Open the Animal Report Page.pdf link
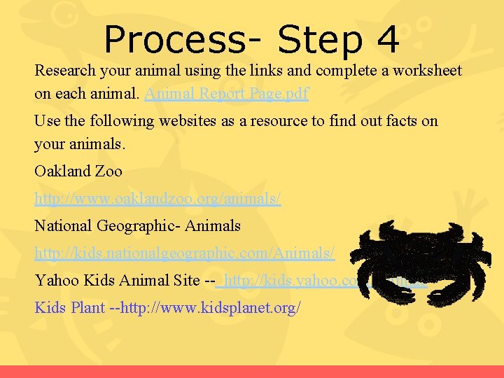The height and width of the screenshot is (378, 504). tap(226, 93)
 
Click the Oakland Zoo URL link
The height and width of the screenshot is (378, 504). tap(157, 199)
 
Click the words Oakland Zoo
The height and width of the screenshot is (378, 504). tap(78, 171)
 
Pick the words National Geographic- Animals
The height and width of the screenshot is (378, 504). tap(137, 225)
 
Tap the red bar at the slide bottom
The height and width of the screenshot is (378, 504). tap(252, 371)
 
